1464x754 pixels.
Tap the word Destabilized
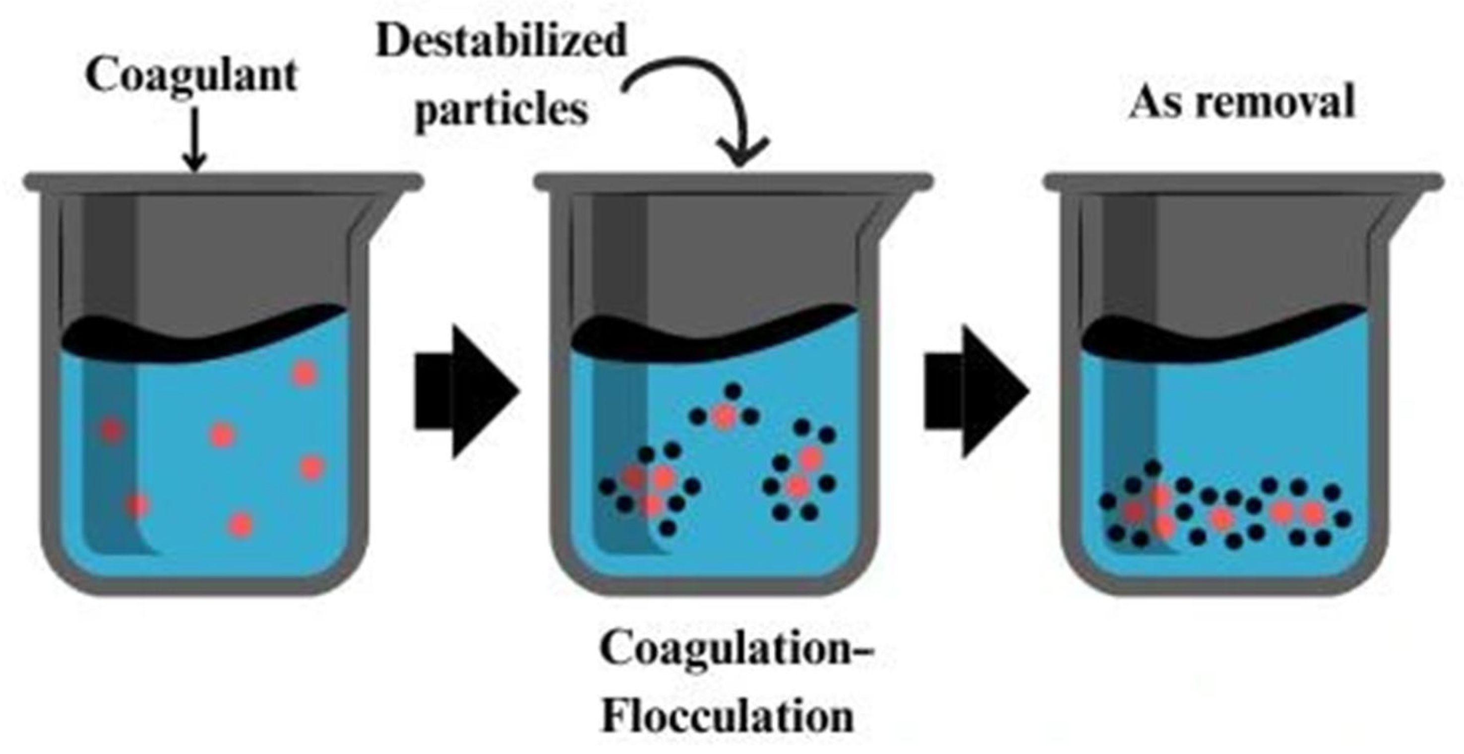point(501,41)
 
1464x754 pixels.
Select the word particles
point(501,110)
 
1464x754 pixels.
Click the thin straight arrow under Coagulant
point(194,142)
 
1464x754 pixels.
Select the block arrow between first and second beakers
point(466,391)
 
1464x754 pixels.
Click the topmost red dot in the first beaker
point(304,374)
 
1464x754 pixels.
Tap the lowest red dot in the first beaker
point(241,524)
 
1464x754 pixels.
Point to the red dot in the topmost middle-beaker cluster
point(724,417)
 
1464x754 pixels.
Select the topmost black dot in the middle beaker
point(733,391)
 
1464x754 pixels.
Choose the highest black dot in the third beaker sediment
point(1153,468)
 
